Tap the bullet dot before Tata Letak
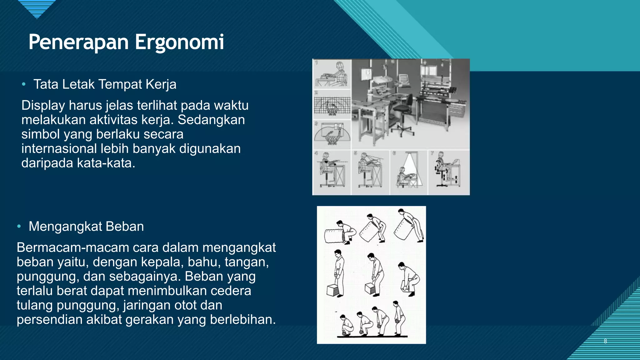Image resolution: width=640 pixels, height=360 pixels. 23,84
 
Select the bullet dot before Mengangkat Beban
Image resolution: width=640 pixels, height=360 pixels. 19,227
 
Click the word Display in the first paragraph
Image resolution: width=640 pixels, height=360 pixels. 43,105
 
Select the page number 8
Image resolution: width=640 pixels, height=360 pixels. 605,341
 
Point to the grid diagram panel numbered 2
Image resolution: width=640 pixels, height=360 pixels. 332,105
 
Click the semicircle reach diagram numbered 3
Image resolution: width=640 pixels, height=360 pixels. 332,135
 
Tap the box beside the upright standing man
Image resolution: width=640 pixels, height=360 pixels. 332,290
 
